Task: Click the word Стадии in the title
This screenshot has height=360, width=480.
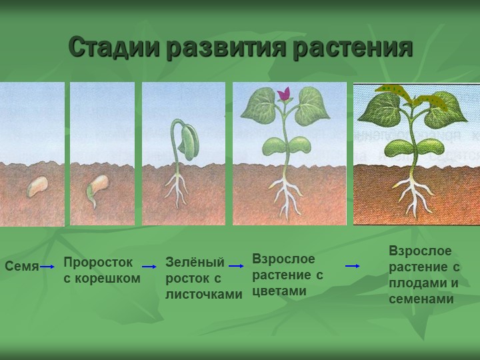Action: click(x=114, y=47)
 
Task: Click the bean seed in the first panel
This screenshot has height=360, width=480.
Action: click(x=37, y=187)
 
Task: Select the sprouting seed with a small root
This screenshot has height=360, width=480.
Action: click(x=97, y=191)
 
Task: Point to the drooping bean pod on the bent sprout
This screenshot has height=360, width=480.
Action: click(x=189, y=143)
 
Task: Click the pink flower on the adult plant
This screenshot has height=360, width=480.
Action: click(x=284, y=93)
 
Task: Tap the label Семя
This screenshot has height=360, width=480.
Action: click(x=22, y=266)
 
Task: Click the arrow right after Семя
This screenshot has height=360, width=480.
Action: click(x=47, y=267)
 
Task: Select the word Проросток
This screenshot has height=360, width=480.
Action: click(x=98, y=263)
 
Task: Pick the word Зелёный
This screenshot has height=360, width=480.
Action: click(x=195, y=263)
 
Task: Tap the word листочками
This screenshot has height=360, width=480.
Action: click(x=203, y=294)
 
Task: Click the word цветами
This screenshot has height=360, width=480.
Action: click(x=279, y=291)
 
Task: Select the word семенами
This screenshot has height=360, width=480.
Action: click(x=421, y=299)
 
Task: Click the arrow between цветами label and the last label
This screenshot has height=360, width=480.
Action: click(x=353, y=266)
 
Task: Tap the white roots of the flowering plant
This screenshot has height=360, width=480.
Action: click(x=285, y=195)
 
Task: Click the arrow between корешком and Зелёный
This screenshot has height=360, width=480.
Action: click(x=149, y=267)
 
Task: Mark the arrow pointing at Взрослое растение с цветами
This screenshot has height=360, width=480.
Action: click(x=236, y=266)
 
